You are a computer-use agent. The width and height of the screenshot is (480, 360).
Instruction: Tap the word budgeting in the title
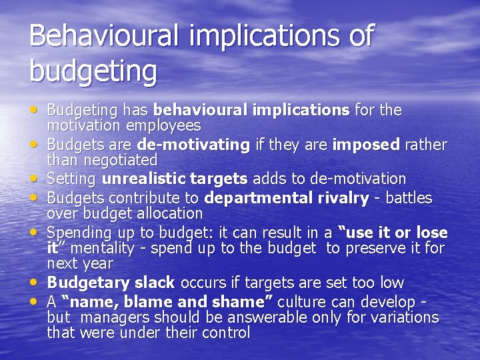point(93,70)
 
